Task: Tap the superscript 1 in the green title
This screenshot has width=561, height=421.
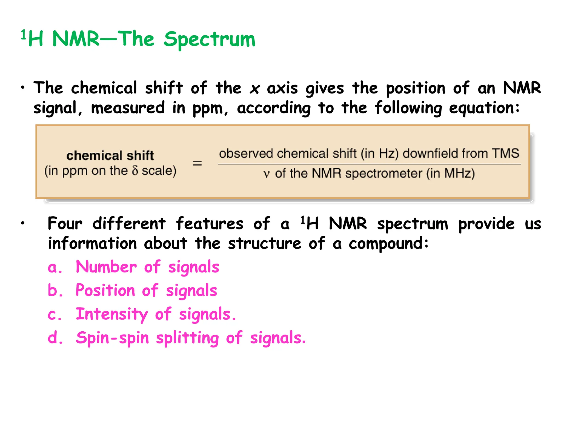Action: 24,35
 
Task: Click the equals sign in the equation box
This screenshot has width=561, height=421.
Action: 197,163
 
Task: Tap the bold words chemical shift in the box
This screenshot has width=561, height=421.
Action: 110,156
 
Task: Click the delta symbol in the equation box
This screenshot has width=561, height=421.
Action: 135,170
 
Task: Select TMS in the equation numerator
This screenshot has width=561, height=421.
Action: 505,153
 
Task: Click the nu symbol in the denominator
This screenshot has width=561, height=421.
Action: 267,174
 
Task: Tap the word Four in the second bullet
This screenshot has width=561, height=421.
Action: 65,224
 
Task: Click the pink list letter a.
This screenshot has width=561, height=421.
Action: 53,268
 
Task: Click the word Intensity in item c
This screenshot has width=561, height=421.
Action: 112,314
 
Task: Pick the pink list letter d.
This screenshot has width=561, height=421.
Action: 53,338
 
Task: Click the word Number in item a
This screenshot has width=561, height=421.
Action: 106,267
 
